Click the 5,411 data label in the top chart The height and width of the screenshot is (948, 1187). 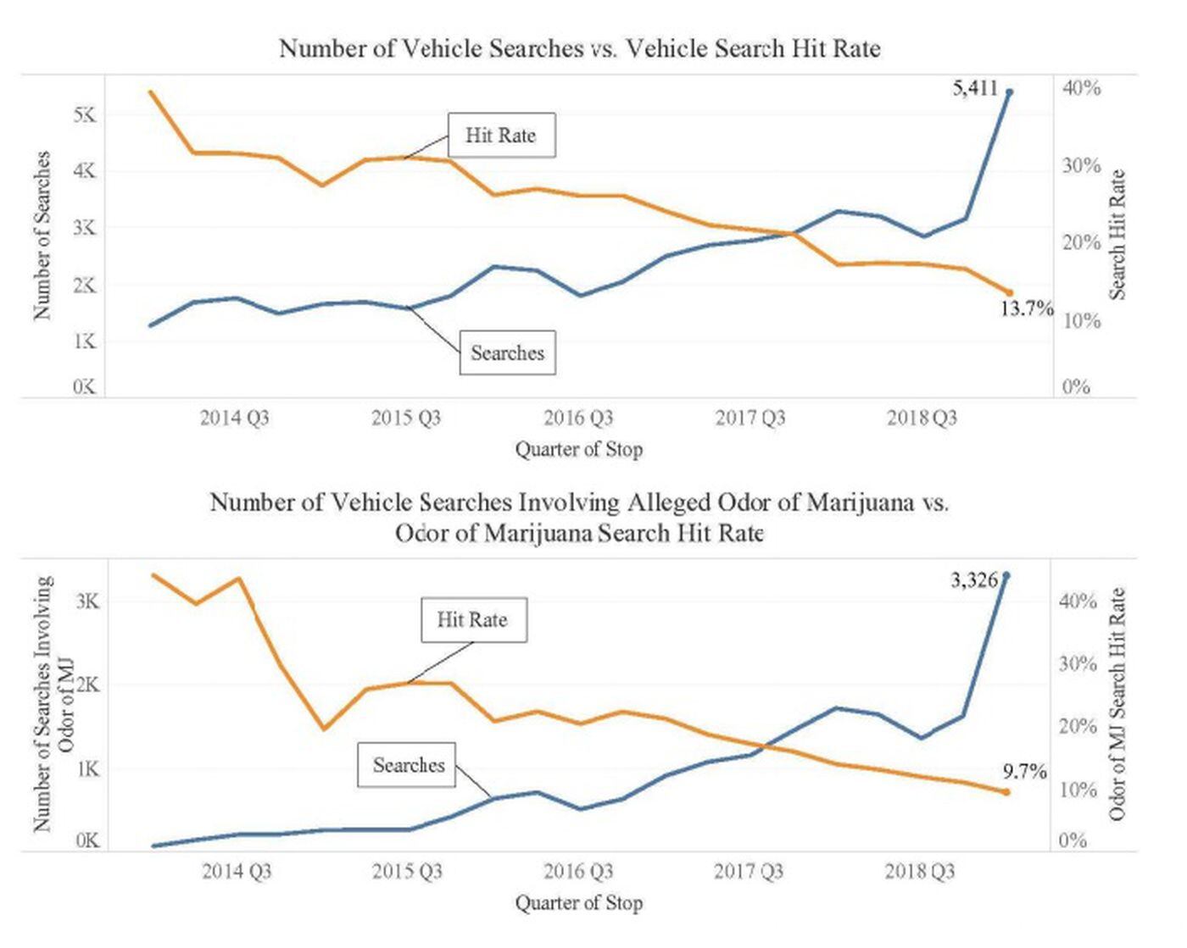[x=975, y=88]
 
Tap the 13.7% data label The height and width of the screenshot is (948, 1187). [x=1026, y=308]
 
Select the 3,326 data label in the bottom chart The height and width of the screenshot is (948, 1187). [x=973, y=580]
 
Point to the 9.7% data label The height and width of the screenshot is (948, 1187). [x=1024, y=772]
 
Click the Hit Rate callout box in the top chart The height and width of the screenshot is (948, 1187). [x=501, y=136]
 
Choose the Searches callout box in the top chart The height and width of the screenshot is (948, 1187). [x=507, y=352]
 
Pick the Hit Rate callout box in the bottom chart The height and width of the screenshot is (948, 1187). [x=473, y=620]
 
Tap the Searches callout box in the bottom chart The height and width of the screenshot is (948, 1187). [x=408, y=765]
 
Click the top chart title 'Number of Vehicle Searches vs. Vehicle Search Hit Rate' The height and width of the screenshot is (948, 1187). [x=580, y=48]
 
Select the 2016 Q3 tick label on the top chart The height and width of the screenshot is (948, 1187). [x=578, y=418]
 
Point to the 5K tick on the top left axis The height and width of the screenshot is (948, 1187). [x=85, y=114]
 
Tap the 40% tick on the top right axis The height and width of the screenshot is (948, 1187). [x=1081, y=88]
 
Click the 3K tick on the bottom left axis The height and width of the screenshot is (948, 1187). [x=87, y=602]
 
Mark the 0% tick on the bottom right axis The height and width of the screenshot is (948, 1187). [x=1073, y=840]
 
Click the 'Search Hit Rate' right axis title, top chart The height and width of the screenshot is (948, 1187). [x=1118, y=235]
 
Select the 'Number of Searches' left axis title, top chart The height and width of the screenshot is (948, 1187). [x=42, y=235]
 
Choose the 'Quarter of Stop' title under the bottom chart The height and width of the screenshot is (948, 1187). [x=579, y=903]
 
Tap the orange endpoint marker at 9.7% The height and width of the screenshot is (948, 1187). [x=1007, y=792]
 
